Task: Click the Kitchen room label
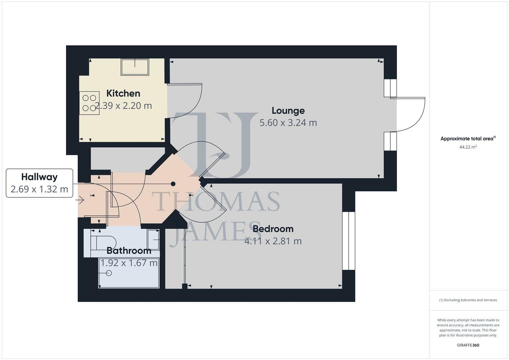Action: (123, 93)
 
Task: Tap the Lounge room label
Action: (288, 110)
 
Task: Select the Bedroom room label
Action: (273, 229)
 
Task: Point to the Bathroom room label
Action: (129, 250)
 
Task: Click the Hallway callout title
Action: (39, 177)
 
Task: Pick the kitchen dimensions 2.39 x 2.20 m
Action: (123, 106)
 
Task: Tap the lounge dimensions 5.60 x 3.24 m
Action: (288, 123)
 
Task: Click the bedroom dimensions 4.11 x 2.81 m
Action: (273, 241)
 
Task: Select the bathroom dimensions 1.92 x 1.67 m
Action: (129, 263)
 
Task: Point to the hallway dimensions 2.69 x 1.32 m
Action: (39, 189)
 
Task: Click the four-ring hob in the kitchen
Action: (89, 103)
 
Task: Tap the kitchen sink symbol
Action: (135, 67)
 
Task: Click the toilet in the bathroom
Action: (103, 242)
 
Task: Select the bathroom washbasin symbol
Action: (154, 240)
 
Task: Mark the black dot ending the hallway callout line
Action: (173, 184)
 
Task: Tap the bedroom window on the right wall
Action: (348, 241)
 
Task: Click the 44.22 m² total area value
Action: (468, 147)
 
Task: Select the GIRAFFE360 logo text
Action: (468, 345)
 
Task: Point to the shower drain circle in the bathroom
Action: (109, 273)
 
